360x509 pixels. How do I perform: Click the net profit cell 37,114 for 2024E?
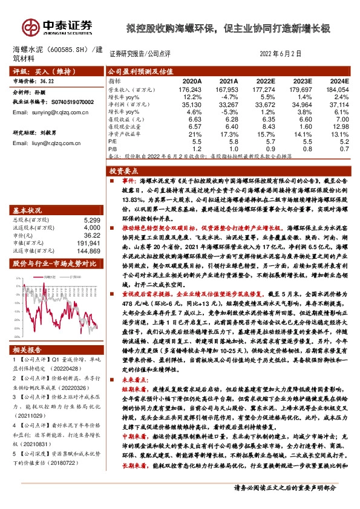(338, 105)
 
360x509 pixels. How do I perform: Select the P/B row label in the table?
(112, 148)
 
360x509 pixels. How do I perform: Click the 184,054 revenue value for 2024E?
(338, 89)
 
